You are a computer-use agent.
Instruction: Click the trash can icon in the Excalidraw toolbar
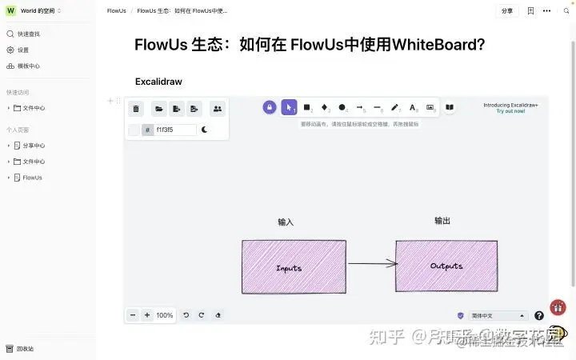point(136,109)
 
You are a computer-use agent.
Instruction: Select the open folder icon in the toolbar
point(159,109)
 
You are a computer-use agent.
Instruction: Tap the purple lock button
point(270,107)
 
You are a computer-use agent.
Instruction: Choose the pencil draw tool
point(394,107)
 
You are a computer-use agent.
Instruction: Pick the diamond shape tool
point(325,107)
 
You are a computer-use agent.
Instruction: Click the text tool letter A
point(413,107)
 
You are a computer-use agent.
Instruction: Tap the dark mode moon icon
point(205,130)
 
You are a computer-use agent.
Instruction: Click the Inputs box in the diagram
point(294,267)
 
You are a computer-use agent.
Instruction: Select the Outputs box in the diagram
point(446,266)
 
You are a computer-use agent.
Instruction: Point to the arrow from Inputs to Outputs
point(372,263)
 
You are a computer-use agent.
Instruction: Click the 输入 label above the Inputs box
point(286,222)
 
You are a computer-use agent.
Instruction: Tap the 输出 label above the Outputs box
point(442,221)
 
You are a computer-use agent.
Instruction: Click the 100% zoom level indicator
point(164,315)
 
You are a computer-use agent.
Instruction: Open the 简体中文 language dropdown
point(498,316)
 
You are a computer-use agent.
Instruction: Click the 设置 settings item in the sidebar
point(23,50)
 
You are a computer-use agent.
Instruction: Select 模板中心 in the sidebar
point(28,66)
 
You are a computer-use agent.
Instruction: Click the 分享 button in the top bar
point(507,11)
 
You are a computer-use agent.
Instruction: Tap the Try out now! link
point(510,111)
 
